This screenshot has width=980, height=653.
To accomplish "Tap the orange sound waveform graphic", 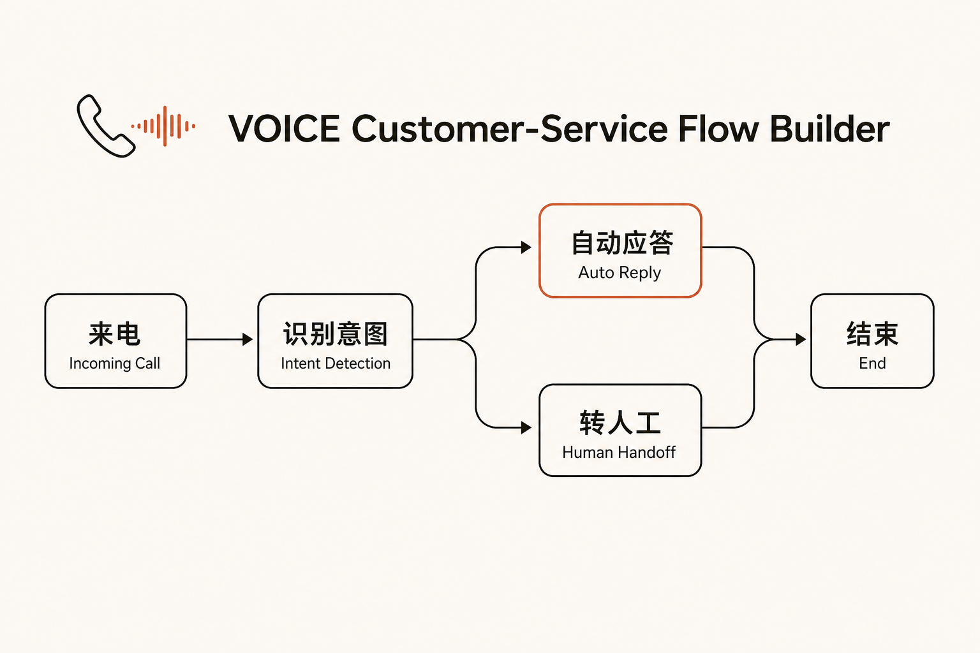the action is [x=163, y=126].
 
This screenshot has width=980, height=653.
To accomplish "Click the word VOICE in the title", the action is [x=285, y=129].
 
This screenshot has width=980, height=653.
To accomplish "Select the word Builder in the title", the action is [x=829, y=129].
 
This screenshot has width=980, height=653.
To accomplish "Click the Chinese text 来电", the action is [x=115, y=334].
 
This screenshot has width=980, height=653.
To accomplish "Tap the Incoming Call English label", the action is [x=115, y=363].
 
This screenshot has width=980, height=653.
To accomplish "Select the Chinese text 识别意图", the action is [x=335, y=334].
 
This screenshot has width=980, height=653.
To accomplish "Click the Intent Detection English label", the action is [x=336, y=363].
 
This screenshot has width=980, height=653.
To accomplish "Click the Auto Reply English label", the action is [x=620, y=273].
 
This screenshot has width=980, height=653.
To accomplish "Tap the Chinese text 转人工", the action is [x=620, y=423].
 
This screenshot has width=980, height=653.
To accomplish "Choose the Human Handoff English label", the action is [x=619, y=452].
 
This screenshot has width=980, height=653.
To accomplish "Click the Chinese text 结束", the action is [x=872, y=334].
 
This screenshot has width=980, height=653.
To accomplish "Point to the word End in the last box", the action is [x=872, y=363].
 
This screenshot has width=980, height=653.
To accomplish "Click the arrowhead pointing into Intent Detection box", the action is [x=248, y=339].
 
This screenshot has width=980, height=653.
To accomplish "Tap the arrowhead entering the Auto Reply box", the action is [x=526, y=247].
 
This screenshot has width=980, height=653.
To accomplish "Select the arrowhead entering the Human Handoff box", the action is [x=526, y=427].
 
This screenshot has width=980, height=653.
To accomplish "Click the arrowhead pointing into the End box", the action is [x=801, y=339].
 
